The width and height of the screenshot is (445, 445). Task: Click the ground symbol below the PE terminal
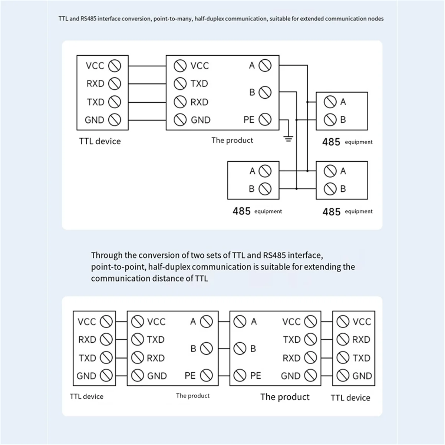tap(288, 139)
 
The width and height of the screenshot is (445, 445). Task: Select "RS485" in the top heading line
tap(88, 19)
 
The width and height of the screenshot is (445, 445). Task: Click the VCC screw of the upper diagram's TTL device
tap(115, 66)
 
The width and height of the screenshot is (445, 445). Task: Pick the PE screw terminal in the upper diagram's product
tap(265, 119)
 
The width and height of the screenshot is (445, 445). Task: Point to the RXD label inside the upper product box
tap(199, 102)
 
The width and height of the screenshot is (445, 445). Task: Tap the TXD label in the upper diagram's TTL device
tap(96, 102)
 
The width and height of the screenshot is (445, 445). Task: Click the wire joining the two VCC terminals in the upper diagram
tap(147, 66)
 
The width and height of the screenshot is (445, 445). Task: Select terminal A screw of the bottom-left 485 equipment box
tap(265, 171)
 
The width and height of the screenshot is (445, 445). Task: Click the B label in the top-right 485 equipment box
tap(343, 119)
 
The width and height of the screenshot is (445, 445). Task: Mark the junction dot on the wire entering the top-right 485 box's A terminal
tap(307, 102)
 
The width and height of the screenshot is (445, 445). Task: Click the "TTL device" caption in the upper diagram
tap(100, 141)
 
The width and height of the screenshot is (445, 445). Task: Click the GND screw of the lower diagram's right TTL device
tap(343, 376)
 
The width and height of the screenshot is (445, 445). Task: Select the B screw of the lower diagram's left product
tap(206, 348)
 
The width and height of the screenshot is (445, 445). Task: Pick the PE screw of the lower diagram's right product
tap(240, 375)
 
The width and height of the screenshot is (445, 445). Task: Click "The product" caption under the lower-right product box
tap(285, 397)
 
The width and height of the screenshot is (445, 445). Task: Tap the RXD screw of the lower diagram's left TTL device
tap(106, 339)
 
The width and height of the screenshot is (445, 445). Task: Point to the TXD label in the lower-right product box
tap(291, 340)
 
